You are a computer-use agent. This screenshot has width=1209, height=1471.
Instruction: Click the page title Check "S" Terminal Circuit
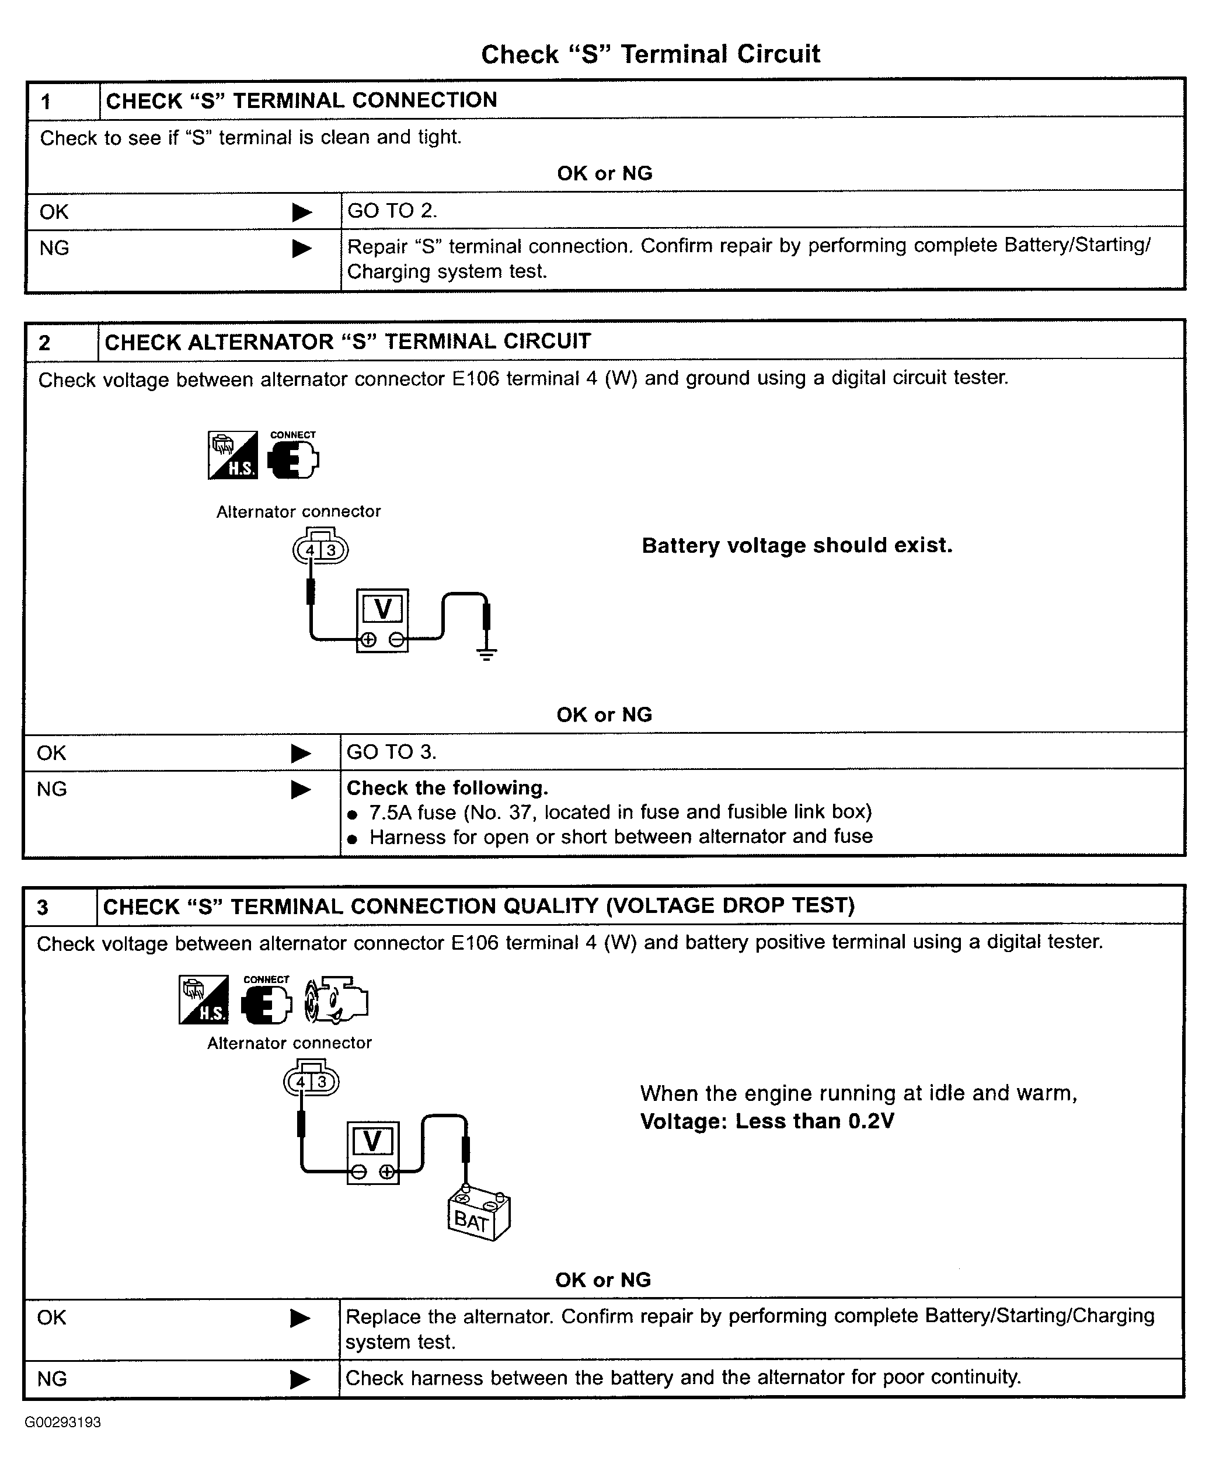[x=650, y=54]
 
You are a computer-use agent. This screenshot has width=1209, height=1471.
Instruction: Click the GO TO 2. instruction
[x=392, y=210]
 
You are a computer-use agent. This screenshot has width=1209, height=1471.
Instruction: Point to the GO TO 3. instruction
[x=391, y=751]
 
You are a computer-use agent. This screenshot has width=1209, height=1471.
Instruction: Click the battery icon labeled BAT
[x=479, y=1214]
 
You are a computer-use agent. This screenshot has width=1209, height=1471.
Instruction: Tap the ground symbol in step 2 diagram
[x=486, y=653]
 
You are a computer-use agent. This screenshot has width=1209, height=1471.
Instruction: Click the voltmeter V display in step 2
[x=382, y=609]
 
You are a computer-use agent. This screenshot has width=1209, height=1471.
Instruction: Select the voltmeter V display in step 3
[x=372, y=1141]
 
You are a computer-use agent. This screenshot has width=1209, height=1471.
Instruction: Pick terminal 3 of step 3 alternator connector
[x=322, y=1082]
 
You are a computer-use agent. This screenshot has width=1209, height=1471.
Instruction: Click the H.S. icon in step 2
[x=232, y=455]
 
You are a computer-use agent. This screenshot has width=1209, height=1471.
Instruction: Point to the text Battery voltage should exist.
[x=797, y=545]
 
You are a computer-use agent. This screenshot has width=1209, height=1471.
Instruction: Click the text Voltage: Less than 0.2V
[x=766, y=1121]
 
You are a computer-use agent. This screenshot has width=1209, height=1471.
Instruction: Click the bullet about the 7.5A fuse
[x=609, y=812]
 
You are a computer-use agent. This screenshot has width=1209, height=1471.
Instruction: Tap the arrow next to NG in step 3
[x=300, y=1379]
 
